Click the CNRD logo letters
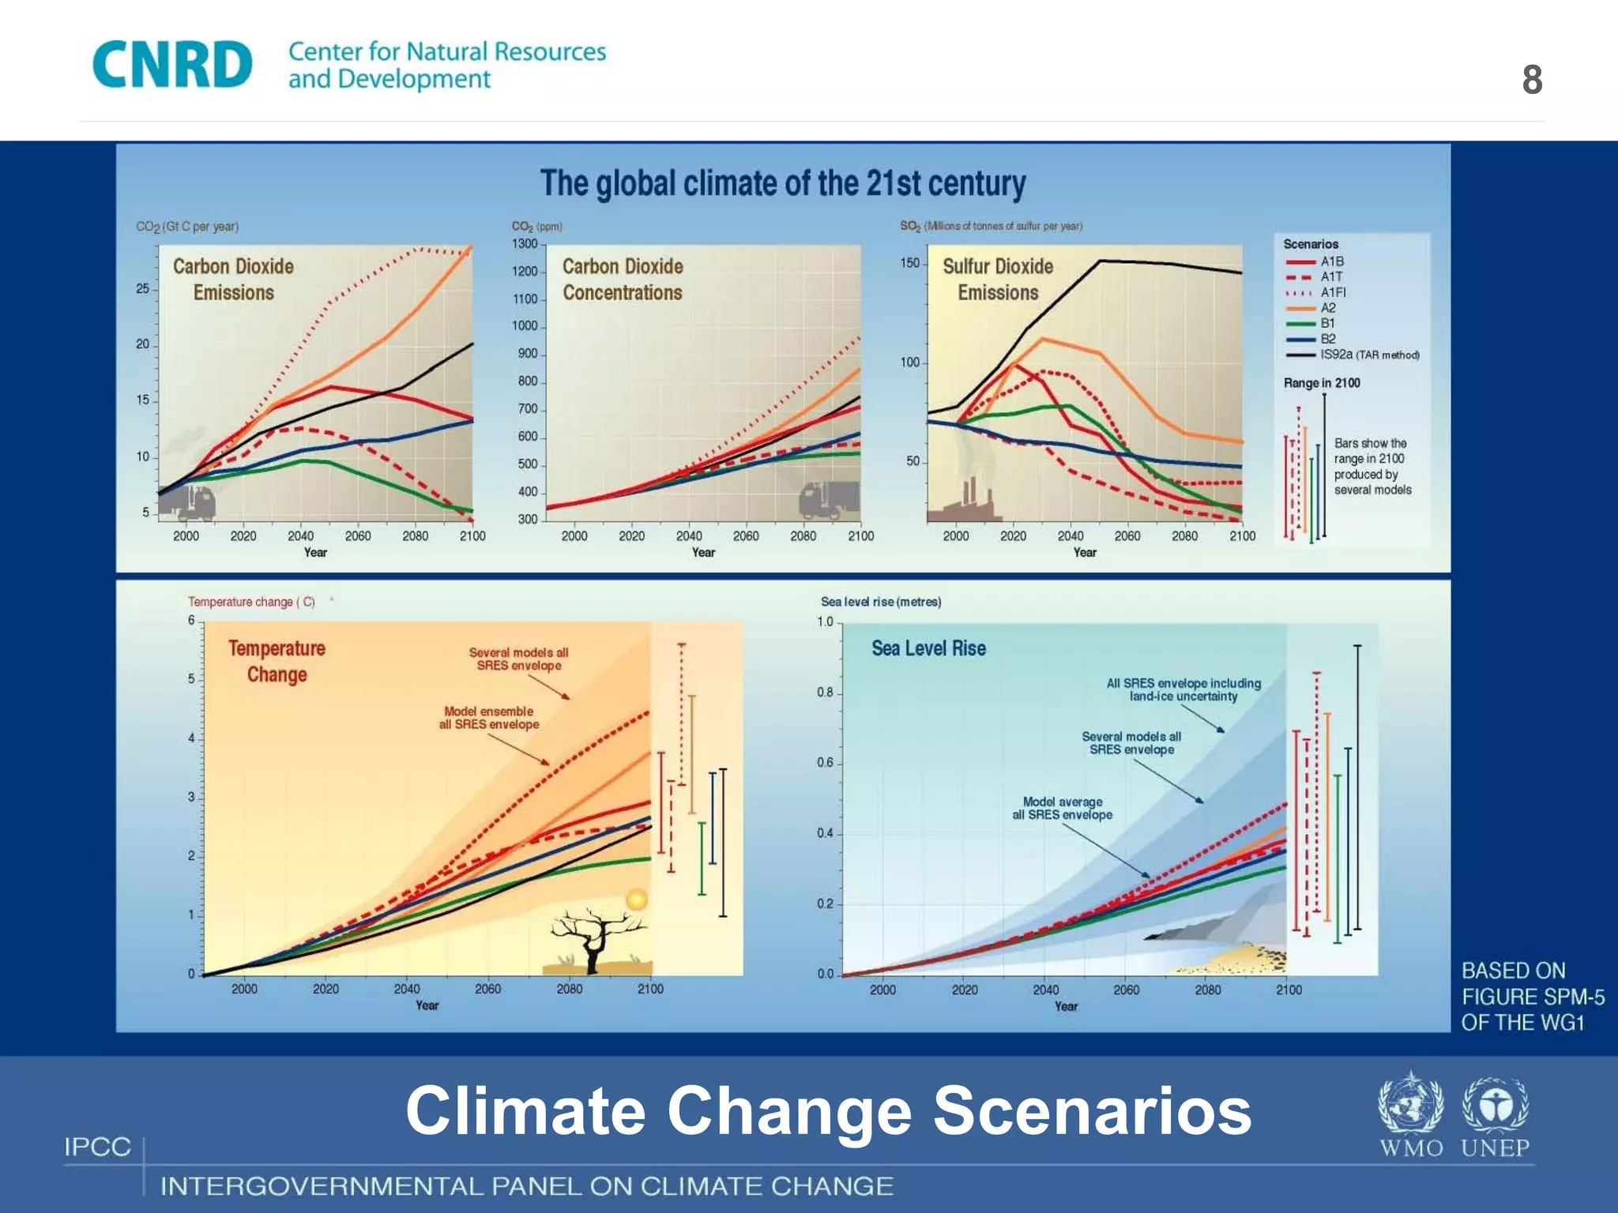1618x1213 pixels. (172, 65)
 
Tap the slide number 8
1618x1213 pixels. (1532, 80)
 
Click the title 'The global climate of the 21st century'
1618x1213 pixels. (782, 183)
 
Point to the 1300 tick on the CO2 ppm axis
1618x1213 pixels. (525, 244)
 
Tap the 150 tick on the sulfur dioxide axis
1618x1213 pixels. (910, 263)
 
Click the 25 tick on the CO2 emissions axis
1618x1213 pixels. (143, 288)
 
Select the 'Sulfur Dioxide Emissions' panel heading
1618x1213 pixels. (998, 279)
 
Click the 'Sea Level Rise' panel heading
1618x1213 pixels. (928, 648)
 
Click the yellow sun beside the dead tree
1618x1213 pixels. (637, 899)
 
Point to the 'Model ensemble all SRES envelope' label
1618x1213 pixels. (489, 718)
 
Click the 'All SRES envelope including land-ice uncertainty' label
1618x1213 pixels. (1183, 689)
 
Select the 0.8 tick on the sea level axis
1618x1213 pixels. (826, 693)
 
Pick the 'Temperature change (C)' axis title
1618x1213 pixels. (251, 602)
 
